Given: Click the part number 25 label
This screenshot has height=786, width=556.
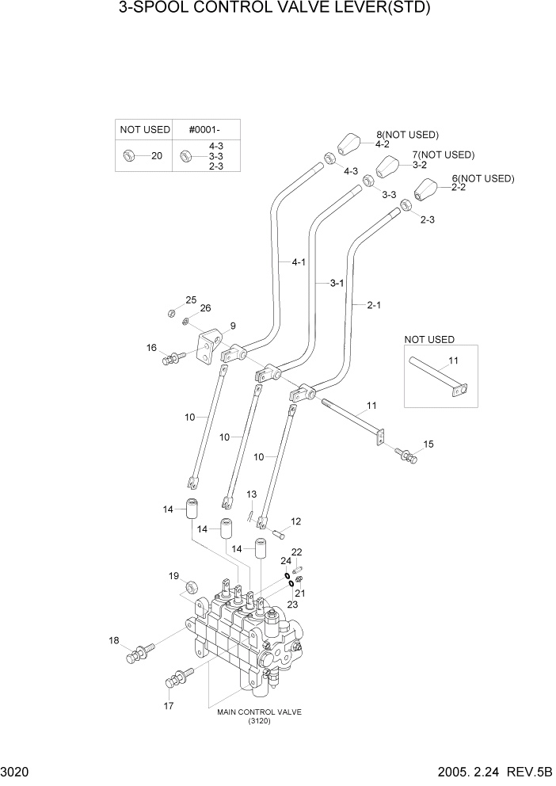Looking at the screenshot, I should click(x=191, y=300).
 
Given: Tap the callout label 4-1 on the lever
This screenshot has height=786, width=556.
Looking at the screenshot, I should click(x=299, y=261).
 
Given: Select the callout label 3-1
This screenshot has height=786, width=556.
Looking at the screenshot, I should click(x=337, y=282).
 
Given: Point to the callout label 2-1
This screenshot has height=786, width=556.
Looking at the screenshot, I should click(x=373, y=304).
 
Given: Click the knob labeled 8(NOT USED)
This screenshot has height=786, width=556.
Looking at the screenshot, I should click(x=349, y=145).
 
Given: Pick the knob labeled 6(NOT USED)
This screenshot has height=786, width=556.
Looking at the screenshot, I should click(x=426, y=190).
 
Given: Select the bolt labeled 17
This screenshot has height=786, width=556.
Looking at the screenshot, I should click(x=177, y=680).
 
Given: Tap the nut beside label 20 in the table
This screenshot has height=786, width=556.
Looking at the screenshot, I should click(x=128, y=156).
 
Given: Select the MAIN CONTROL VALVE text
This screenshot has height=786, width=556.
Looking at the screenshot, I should click(x=259, y=712).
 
